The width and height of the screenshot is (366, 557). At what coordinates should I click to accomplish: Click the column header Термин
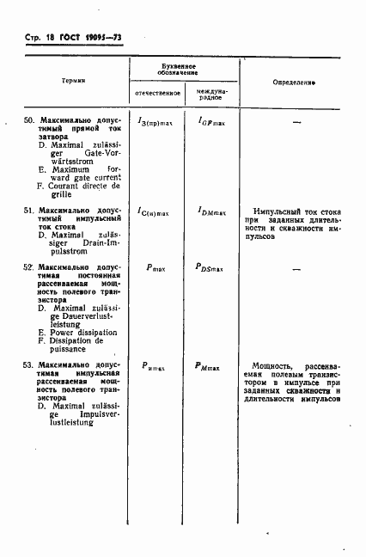coord(73,81)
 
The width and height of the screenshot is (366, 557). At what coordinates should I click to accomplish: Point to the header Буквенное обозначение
coord(184,70)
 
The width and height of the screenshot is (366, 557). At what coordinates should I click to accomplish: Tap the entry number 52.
coord(28,268)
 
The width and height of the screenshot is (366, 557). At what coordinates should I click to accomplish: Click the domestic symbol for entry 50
coord(156,122)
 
